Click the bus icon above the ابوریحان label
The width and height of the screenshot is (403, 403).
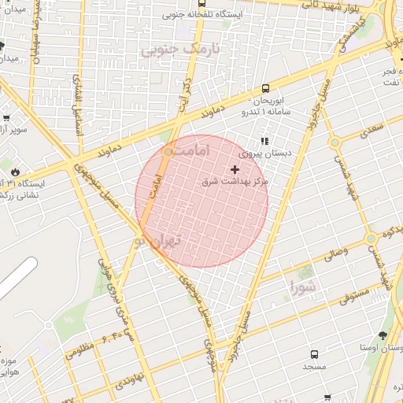click(265, 88)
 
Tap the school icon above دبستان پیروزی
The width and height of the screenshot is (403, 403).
click(264, 141)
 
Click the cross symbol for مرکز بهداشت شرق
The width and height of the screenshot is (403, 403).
click(235, 169)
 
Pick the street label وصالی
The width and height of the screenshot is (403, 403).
click(334, 253)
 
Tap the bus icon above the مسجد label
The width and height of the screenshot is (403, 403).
click(315, 355)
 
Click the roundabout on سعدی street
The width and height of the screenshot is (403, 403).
click(335, 142)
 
